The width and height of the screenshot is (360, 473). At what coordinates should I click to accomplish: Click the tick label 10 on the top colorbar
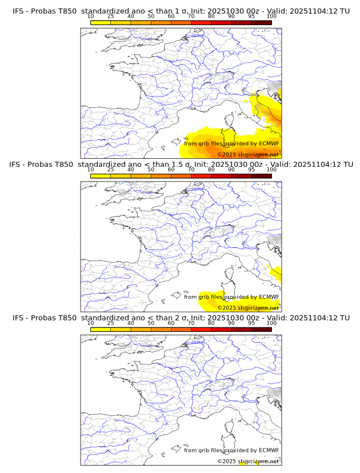(x=91, y=16)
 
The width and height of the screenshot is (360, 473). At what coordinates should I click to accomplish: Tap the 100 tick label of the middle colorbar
(x=271, y=170)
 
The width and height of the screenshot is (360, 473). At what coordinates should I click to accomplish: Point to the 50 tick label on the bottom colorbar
(x=151, y=323)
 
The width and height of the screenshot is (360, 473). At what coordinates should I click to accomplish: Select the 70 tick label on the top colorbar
(x=191, y=16)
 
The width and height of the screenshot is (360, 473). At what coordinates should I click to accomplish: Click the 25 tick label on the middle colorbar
(x=111, y=170)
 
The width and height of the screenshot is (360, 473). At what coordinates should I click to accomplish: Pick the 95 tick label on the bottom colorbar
(x=251, y=323)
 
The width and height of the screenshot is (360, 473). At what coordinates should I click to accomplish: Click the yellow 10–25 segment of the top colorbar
(x=101, y=22)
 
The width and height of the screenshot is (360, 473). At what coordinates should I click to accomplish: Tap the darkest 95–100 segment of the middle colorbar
(x=262, y=176)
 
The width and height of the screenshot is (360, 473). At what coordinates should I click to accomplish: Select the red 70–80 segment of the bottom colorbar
(x=201, y=330)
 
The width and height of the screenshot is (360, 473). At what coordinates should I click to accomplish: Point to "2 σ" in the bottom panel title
(x=178, y=318)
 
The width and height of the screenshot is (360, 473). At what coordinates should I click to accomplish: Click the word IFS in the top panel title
(x=19, y=10)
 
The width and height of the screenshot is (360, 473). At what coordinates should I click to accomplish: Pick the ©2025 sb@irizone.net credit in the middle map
(x=248, y=308)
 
